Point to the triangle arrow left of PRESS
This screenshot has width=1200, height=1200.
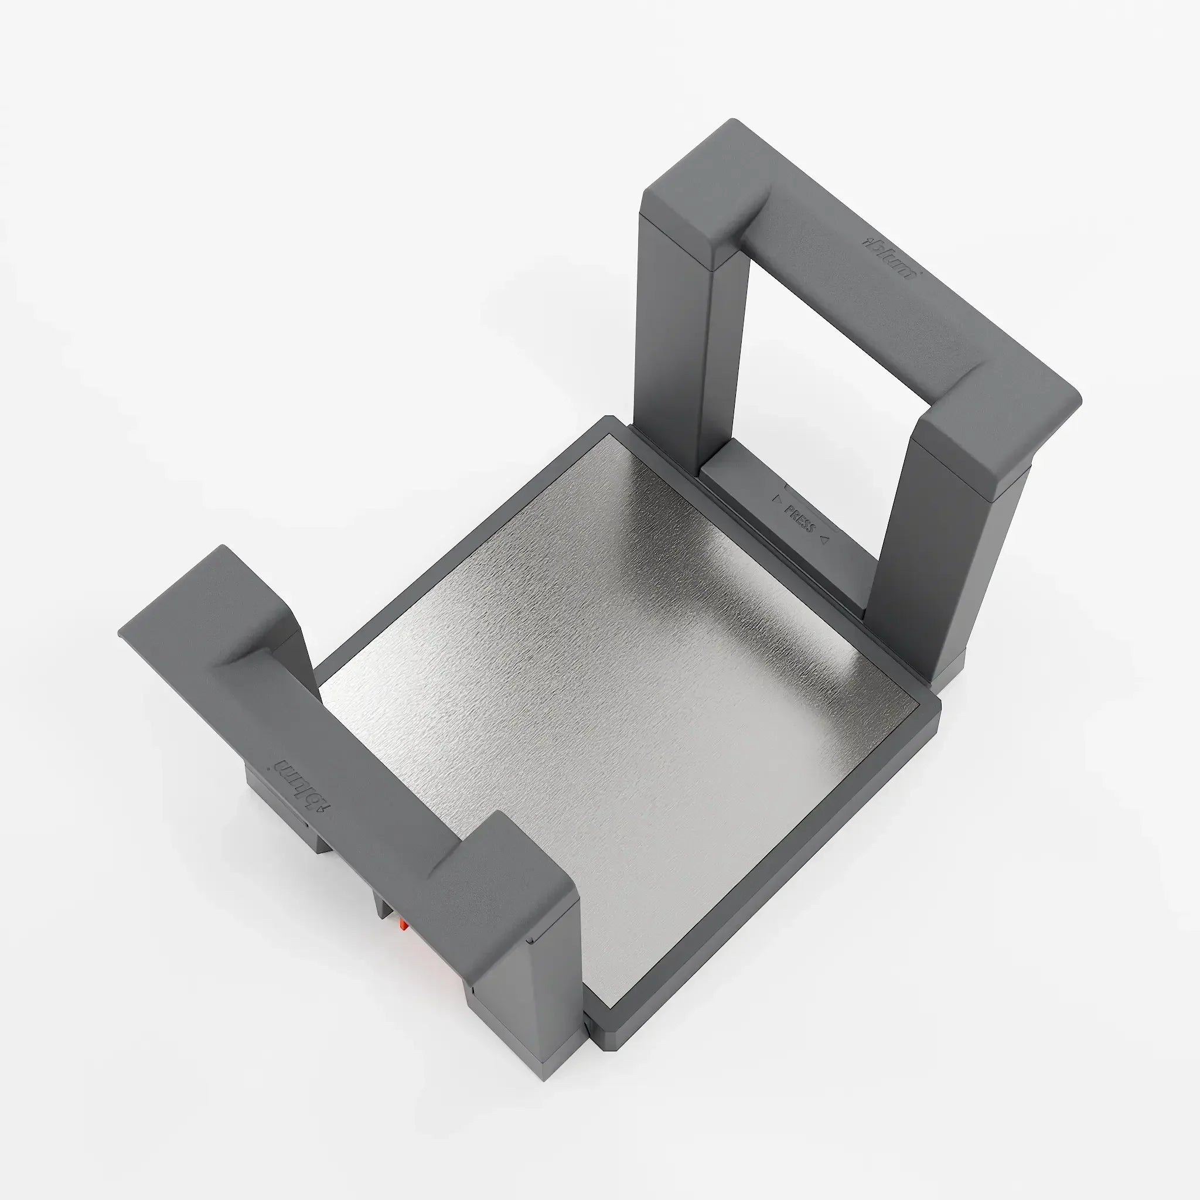[x=776, y=498]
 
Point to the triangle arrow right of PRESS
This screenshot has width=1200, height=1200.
[x=824, y=540]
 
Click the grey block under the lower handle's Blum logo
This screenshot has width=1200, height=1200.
[x=273, y=801]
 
